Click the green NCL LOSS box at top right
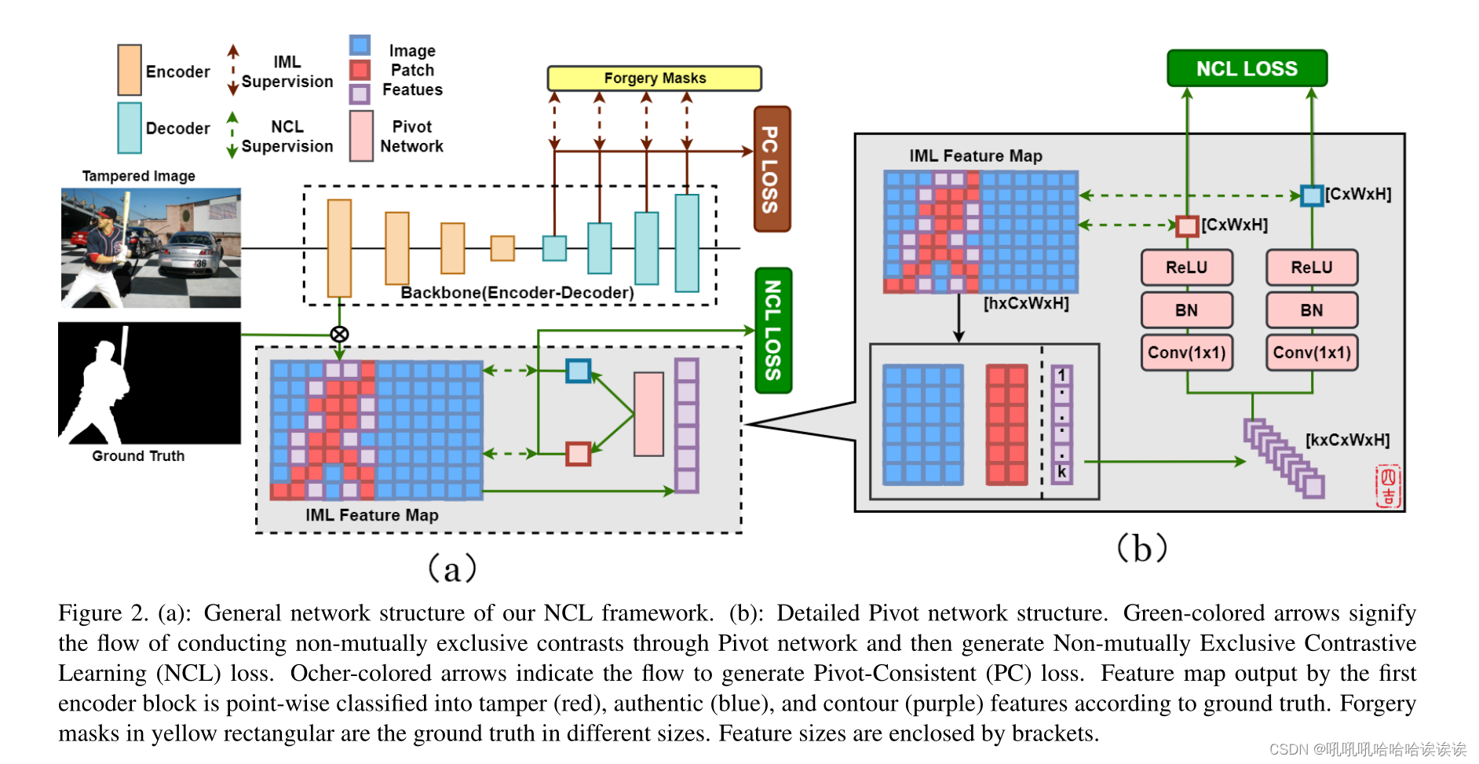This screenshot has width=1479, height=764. coord(1247,68)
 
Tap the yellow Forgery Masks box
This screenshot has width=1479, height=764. coord(654,78)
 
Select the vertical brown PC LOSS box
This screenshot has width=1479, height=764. coord(771,169)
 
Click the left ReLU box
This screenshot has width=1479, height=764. coord(1186,268)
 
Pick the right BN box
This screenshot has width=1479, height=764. coord(1311,310)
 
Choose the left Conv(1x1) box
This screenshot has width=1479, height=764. coord(1186,353)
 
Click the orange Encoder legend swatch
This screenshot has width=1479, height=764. coord(130,70)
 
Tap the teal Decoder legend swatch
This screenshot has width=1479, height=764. coord(130,127)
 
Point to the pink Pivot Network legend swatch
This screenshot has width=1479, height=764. coord(361,136)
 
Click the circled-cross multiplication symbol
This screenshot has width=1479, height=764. coord(339,334)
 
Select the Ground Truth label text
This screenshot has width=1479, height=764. coord(138,456)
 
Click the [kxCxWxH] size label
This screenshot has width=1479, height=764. coord(1347,440)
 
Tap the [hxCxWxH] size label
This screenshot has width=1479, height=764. coord(1026,303)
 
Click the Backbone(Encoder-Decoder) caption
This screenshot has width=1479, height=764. coord(517,293)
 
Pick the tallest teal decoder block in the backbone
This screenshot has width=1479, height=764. coord(687,243)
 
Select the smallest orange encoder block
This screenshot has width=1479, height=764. coord(502,248)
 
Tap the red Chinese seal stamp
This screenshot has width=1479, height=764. coord(1387,486)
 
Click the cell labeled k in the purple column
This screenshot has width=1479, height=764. coord(1061,472)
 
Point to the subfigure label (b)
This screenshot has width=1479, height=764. coord(1142,547)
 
